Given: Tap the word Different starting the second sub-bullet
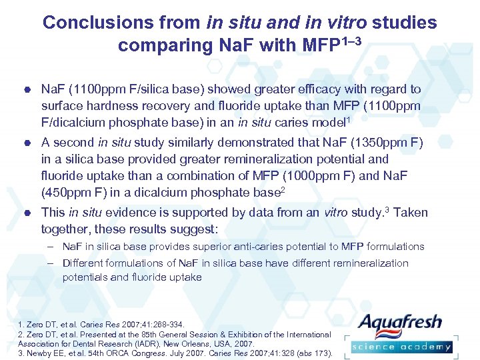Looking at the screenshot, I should [x=84, y=263].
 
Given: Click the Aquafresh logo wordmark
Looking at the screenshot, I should [x=400, y=324].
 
